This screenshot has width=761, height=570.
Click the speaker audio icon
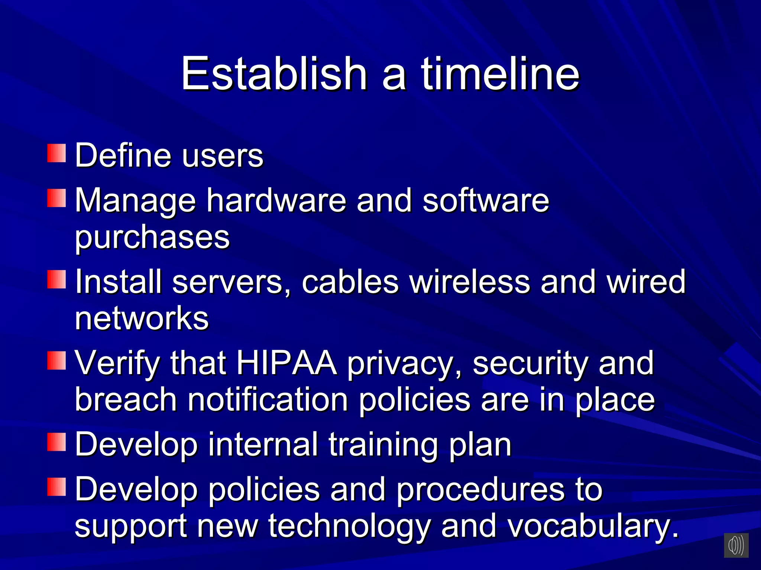point(736,545)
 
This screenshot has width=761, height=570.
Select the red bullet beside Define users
point(56,153)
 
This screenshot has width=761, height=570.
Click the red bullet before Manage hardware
point(56,198)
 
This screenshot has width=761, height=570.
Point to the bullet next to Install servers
point(56,279)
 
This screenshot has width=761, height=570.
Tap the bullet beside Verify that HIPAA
point(56,361)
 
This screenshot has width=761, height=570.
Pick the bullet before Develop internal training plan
point(56,442)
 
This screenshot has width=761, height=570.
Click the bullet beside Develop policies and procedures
point(56,487)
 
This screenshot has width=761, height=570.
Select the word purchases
point(152,237)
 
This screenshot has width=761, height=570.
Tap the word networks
point(142,318)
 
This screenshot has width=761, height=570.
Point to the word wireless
point(470,282)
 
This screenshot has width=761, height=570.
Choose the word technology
point(350,526)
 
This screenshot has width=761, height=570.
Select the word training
point(383,445)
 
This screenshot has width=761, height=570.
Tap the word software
point(486,200)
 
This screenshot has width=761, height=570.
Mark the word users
point(223,155)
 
